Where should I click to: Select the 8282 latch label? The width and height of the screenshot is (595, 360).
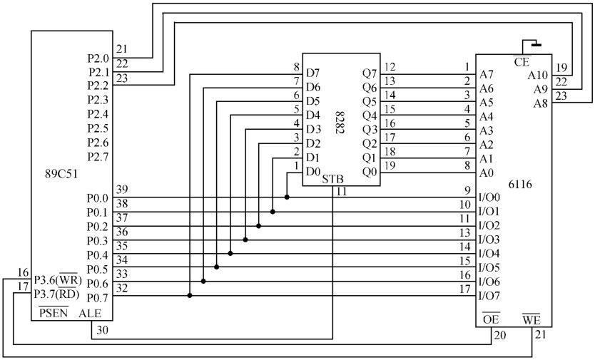[340, 123]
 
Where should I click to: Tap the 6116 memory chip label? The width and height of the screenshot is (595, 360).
[519, 184]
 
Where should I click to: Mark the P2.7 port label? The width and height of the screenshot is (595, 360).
[98, 156]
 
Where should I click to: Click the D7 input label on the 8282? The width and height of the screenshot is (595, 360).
[312, 73]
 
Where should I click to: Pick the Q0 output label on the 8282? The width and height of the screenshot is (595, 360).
[368, 171]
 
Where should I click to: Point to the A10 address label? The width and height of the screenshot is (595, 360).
[538, 75]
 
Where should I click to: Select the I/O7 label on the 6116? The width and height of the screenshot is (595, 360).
[489, 295]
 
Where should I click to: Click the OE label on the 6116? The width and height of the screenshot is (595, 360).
[490, 319]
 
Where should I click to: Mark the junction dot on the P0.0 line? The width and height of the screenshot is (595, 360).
[287, 197]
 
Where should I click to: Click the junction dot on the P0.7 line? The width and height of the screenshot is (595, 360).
[189, 295]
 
